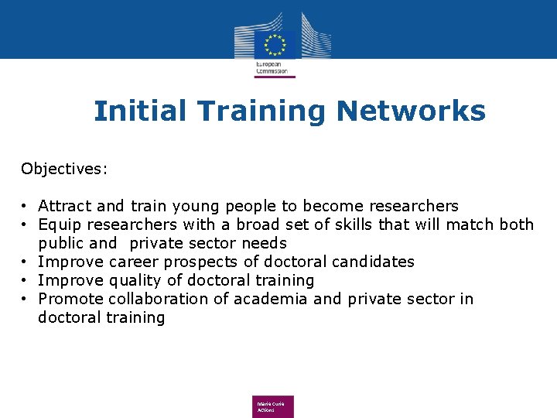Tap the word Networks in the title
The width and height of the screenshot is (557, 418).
pos(411,111)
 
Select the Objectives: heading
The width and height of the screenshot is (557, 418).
pos(65,169)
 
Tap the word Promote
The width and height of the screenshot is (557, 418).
pos(70,299)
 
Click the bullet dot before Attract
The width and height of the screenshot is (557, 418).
pos(26,207)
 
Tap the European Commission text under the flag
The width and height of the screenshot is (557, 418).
pos(272,67)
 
